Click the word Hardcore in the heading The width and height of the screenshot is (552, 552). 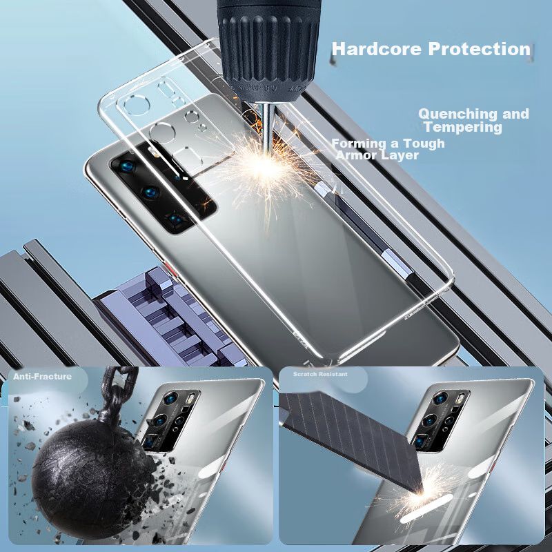(x=376, y=48)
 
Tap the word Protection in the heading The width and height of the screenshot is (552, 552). (x=479, y=48)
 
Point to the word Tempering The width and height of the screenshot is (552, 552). (x=463, y=127)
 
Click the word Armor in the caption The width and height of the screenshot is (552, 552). (x=356, y=155)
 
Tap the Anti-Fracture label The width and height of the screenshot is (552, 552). (x=42, y=376)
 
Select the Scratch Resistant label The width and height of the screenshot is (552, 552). (x=320, y=374)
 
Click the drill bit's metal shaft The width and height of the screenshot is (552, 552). (x=268, y=128)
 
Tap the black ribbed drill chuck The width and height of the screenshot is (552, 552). (x=268, y=49)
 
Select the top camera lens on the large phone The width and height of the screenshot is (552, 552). (x=127, y=166)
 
